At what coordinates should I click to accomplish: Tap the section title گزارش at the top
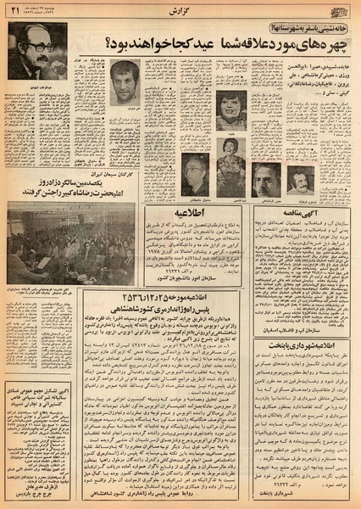(180, 7)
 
